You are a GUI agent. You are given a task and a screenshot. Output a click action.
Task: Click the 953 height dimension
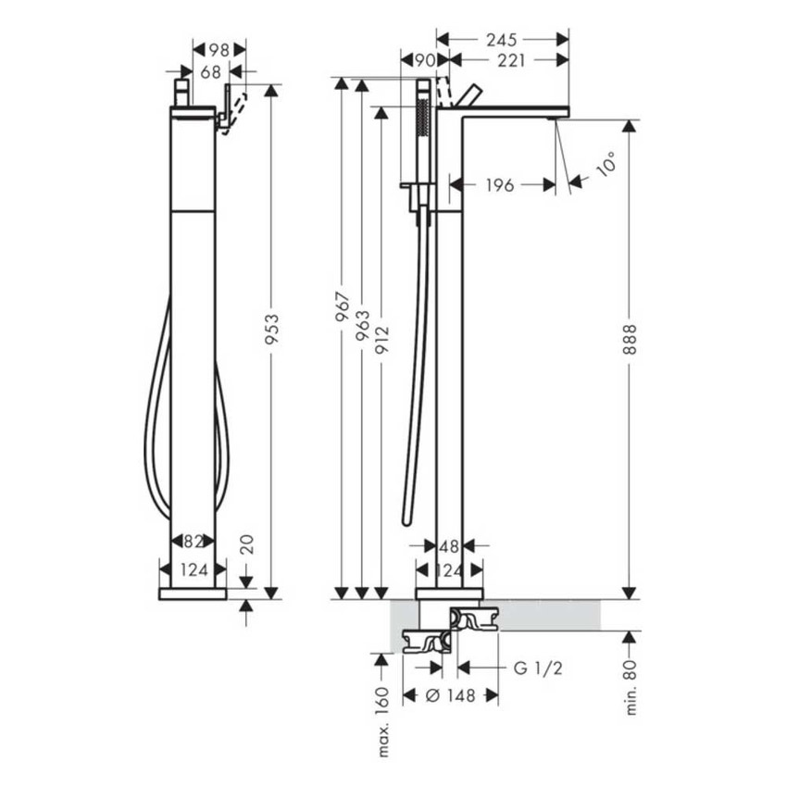pos(271,328)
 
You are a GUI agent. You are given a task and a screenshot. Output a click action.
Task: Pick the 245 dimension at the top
pos(503,39)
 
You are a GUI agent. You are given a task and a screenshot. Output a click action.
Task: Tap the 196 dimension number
pos(500,185)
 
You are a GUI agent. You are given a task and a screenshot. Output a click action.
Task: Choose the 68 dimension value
pos(210,70)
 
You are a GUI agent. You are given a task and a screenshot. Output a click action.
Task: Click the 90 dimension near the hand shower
pos(424,60)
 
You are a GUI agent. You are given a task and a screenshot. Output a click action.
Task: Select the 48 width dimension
pos(449,546)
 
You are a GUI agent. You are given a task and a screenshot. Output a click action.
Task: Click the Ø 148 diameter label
pos(451,695)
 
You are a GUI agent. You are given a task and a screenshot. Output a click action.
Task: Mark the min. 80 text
pos(631,686)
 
